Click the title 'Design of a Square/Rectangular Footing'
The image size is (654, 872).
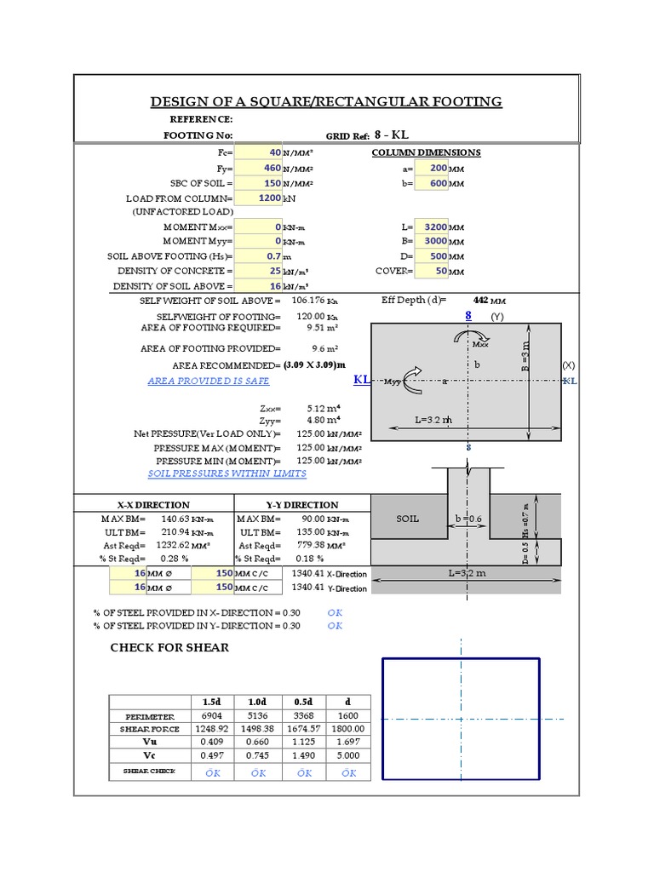tap(326, 102)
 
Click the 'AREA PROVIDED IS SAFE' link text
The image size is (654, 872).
tap(209, 381)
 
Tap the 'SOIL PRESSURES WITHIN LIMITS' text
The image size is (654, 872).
tap(227, 473)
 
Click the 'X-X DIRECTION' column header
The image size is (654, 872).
tap(153, 505)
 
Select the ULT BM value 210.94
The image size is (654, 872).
tap(176, 531)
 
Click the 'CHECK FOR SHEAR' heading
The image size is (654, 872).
tap(169, 648)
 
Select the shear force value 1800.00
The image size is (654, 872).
tap(348, 729)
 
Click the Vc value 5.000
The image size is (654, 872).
tap(348, 755)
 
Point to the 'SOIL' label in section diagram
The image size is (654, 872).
tap(408, 519)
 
